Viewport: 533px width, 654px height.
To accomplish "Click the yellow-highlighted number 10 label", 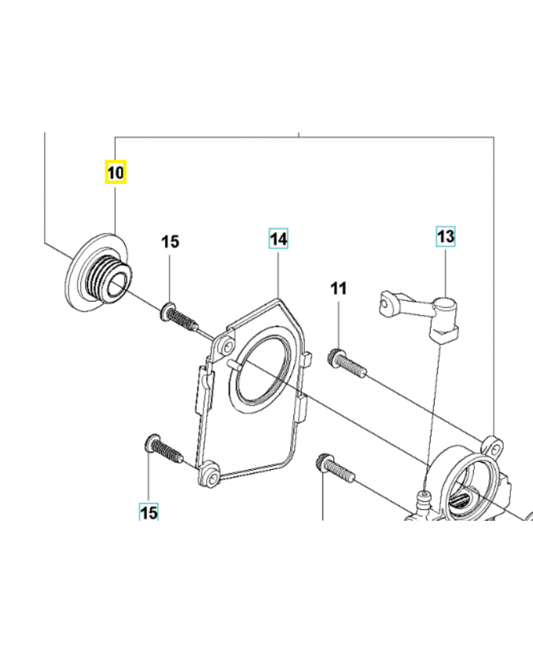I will click(x=115, y=172).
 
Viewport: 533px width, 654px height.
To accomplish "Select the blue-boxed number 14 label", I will click(x=279, y=239).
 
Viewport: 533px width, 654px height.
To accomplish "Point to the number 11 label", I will click(x=338, y=288).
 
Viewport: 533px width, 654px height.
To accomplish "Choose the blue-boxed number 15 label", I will click(x=148, y=513).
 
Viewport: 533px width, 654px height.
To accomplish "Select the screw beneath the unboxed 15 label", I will click(x=179, y=316).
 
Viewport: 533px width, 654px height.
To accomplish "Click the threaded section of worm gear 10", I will click(x=107, y=271).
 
